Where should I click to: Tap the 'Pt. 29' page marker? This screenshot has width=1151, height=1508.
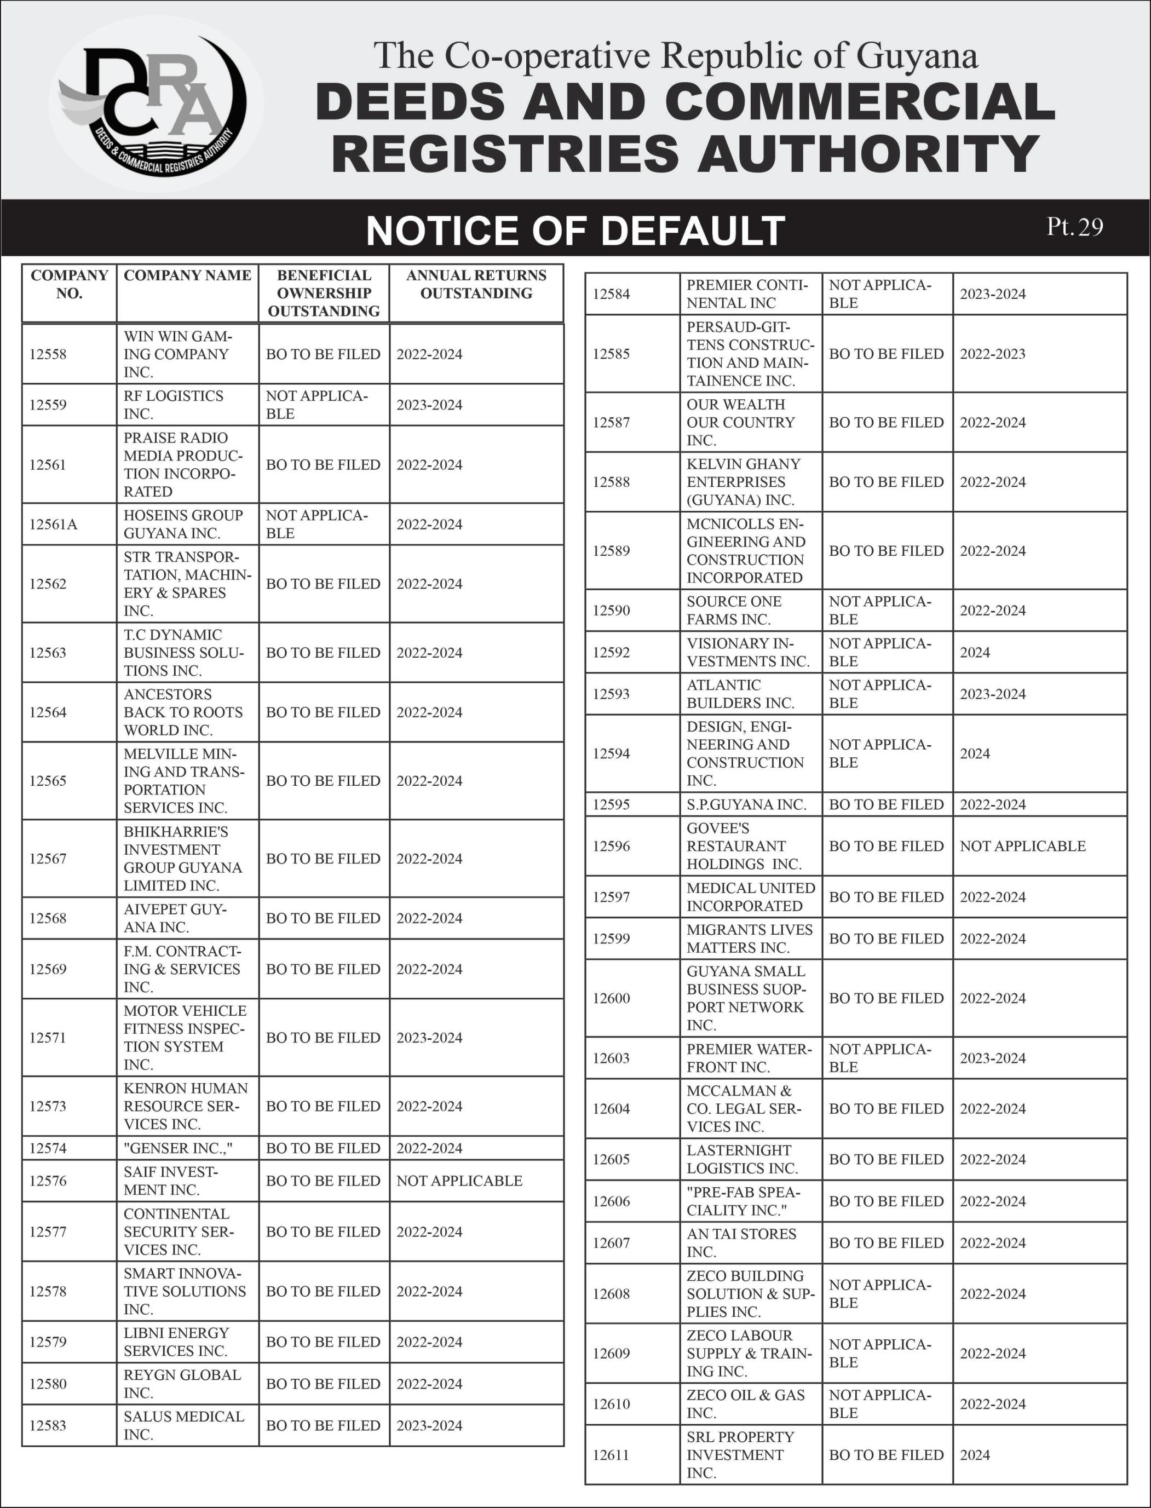click(x=1074, y=227)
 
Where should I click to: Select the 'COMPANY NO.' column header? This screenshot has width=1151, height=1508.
click(x=69, y=284)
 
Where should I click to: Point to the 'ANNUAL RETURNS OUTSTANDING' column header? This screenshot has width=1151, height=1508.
click(x=476, y=284)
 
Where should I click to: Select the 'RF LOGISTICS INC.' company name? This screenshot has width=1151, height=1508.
click(x=174, y=405)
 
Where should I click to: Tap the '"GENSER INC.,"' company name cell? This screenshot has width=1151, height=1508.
click(x=178, y=1148)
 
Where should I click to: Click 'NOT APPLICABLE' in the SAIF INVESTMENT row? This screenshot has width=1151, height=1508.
click(x=459, y=1181)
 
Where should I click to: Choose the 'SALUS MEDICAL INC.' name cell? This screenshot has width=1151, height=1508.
click(x=183, y=1425)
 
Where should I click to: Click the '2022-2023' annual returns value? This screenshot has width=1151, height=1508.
click(x=993, y=354)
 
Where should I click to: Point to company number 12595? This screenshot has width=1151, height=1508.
click(x=611, y=804)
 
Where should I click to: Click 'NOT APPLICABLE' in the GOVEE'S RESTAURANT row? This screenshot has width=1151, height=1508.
click(x=1022, y=846)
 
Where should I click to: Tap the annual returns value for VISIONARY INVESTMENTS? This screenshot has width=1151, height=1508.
click(x=975, y=652)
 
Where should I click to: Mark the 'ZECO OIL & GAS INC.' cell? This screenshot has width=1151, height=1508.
click(x=745, y=1404)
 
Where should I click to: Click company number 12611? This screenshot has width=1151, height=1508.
click(x=611, y=1454)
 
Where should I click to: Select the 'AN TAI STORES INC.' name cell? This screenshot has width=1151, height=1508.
click(x=741, y=1243)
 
